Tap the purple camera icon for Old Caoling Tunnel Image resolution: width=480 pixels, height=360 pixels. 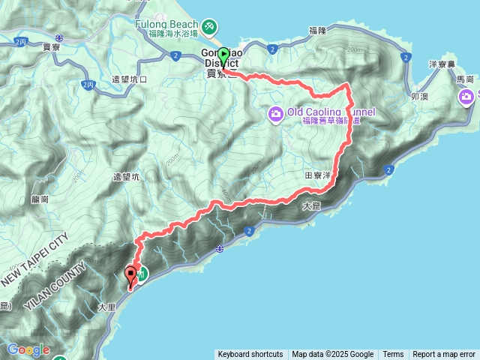[275, 113]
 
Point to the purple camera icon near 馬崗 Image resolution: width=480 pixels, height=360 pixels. [467, 97]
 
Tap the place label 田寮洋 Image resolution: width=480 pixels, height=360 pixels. [318, 174]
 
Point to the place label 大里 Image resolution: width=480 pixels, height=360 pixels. [106, 307]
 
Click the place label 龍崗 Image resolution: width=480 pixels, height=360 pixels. [40, 199]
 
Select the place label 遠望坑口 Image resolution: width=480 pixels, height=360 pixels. [130, 79]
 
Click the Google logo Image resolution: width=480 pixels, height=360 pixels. [28, 349]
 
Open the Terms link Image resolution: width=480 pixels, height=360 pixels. [393, 355]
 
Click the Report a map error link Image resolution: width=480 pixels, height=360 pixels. [444, 355]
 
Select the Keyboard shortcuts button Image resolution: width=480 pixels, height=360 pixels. [250, 355]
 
